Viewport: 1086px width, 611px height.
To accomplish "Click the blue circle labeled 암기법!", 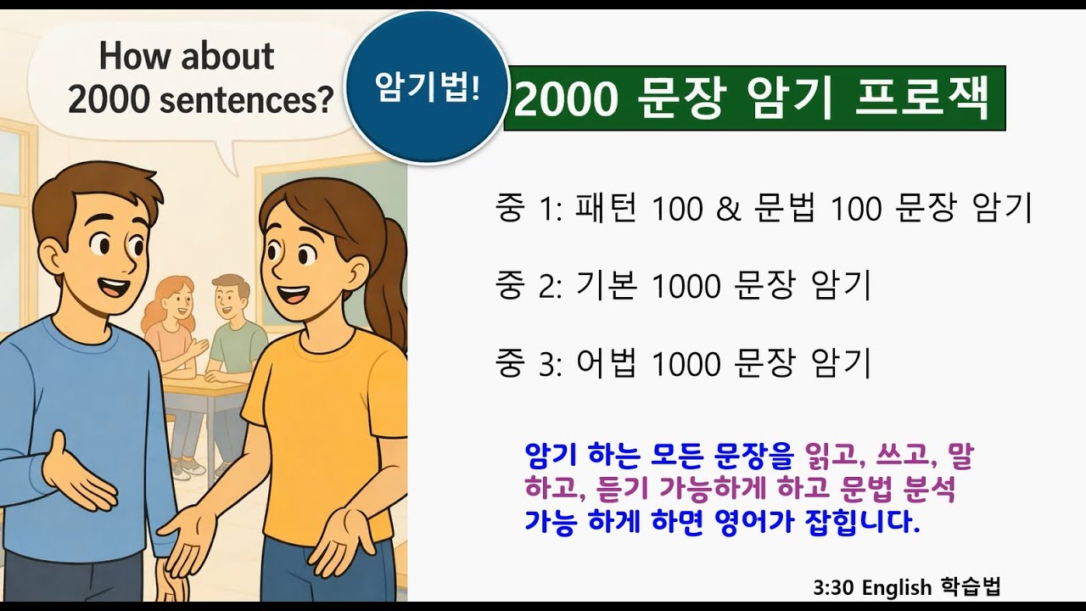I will click(427, 87).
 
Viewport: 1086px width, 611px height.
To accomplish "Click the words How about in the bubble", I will click(187, 57).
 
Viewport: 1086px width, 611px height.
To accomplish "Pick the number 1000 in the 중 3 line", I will click(686, 364).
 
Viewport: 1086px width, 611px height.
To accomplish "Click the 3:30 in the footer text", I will click(832, 587).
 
